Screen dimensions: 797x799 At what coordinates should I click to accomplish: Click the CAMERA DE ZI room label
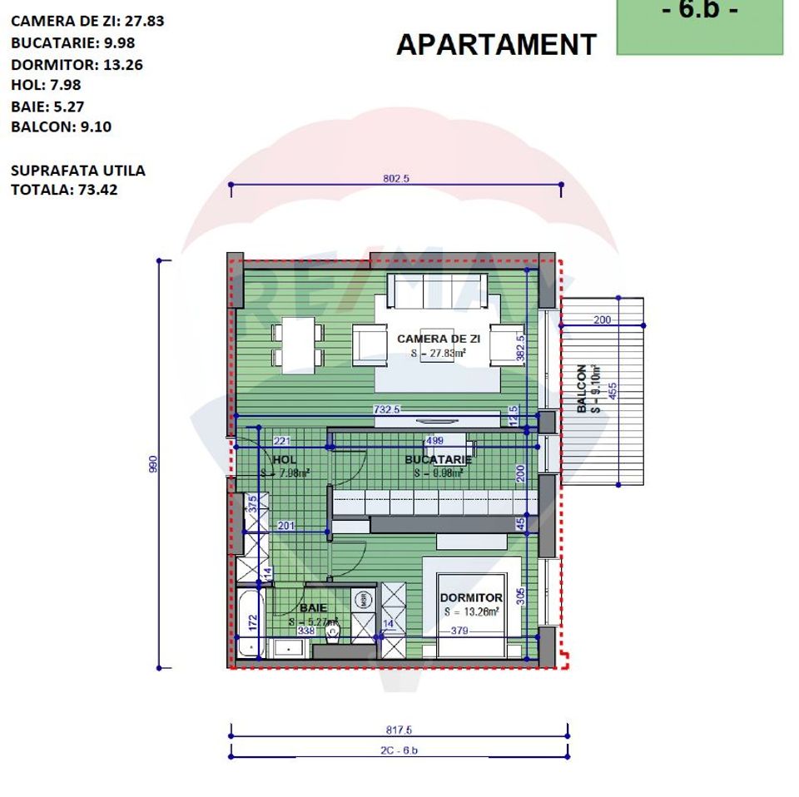[439, 339]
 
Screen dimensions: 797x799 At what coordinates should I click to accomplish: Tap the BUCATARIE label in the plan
[438, 460]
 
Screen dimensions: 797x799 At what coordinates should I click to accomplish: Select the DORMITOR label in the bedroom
[471, 598]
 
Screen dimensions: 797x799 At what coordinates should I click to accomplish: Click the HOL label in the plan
[284, 460]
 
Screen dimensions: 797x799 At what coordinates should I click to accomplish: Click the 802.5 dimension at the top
[396, 179]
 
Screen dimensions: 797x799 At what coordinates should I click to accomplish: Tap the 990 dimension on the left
[153, 464]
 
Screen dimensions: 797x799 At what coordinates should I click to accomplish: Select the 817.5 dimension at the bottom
[399, 730]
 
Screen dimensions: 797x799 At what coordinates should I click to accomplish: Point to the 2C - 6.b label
[399, 750]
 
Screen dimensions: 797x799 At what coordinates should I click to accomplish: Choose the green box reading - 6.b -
[699, 25]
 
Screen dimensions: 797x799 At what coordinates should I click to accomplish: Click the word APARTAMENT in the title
[496, 44]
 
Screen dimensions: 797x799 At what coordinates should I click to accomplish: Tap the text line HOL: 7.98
[46, 84]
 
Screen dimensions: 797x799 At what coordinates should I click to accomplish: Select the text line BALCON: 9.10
[61, 127]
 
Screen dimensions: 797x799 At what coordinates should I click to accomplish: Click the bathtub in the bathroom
[249, 622]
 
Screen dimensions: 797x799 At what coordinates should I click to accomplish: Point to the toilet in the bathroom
[332, 635]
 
